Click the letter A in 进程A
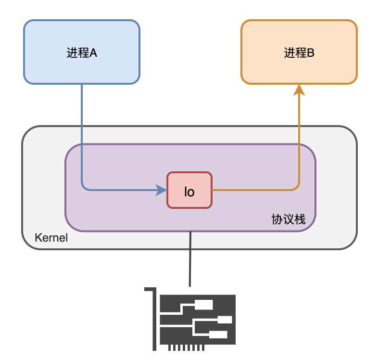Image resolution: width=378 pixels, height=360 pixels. pyautogui.click(x=93, y=53)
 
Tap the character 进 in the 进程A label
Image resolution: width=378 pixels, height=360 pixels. pyautogui.click(x=72, y=53)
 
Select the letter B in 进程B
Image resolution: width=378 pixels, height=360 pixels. pyautogui.click(x=311, y=53)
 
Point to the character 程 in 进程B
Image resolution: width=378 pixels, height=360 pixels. pyautogui.click(x=300, y=53)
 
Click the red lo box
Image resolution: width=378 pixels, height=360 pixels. pyautogui.click(x=189, y=191)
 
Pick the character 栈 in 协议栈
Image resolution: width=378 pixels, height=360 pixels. pyautogui.click(x=300, y=219)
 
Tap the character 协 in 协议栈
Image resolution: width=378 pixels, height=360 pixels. pyautogui.click(x=277, y=219)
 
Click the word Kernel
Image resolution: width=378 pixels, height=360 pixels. pyautogui.click(x=51, y=238)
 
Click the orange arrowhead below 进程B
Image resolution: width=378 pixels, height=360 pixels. pyautogui.click(x=299, y=90)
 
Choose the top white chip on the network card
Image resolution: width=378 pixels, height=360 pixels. pyautogui.click(x=203, y=305)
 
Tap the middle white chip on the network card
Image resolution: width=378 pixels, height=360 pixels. pyautogui.click(x=224, y=320)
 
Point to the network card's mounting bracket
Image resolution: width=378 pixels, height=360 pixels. pyautogui.click(x=154, y=318)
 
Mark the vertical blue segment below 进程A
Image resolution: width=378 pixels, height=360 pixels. pyautogui.click(x=82, y=130)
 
